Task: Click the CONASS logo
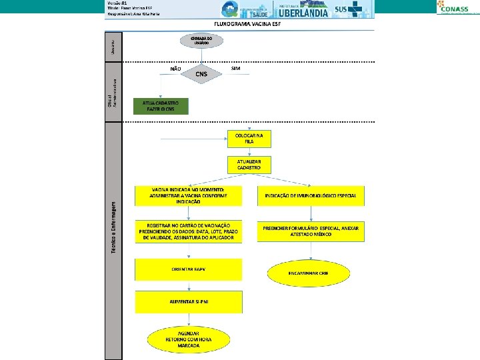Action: [457, 7]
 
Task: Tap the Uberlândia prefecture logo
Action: [303, 10]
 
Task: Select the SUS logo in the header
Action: [347, 10]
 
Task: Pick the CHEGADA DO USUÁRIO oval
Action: [201, 41]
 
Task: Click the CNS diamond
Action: [201, 74]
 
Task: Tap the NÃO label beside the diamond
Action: [175, 69]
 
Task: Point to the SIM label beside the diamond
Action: [235, 68]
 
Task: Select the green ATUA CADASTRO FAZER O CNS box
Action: [161, 106]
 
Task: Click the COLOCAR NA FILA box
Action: [249, 138]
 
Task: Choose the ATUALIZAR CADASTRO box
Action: [249, 165]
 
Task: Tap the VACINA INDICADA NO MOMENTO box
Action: [189, 195]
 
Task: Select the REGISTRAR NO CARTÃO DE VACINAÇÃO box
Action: [189, 231]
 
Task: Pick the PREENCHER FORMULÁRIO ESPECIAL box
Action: [311, 231]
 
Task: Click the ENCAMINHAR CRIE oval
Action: [311, 273]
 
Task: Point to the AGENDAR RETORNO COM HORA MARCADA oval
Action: [189, 339]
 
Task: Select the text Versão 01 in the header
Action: [117, 3]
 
